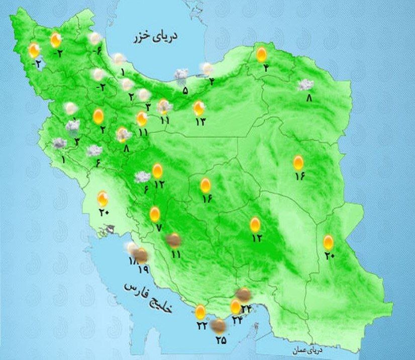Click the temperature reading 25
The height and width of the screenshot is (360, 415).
221,341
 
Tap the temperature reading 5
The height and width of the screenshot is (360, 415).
185,91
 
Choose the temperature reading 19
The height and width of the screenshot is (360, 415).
143,271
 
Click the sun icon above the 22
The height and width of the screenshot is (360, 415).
200,312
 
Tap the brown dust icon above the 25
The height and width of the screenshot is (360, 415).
218,327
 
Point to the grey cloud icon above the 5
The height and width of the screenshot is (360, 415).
181,75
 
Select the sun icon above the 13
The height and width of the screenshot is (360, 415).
199,107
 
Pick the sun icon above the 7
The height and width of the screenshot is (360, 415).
155,214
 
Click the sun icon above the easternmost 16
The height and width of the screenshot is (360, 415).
298,162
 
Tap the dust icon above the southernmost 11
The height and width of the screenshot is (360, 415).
174,240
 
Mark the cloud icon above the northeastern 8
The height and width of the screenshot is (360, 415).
305,84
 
